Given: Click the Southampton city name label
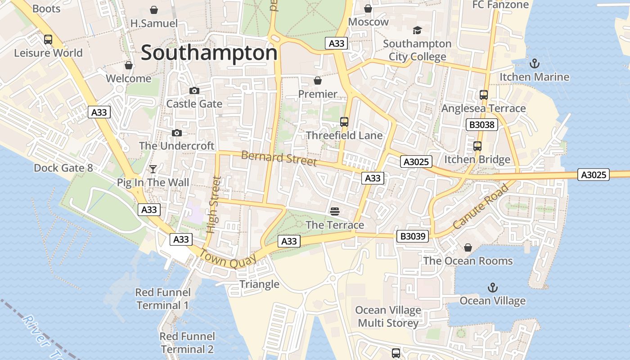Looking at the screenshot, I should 209,53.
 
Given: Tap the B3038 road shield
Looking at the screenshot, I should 481,125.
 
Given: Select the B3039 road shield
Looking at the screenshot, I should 413,236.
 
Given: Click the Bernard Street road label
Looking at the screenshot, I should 279,158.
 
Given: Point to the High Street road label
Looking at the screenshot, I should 214,205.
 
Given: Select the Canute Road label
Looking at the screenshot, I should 481,206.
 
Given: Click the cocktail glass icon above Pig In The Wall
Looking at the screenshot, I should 153,169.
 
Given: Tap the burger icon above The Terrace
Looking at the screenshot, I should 334,211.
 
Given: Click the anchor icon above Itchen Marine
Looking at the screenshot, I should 534,63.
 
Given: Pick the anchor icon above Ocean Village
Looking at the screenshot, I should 492,287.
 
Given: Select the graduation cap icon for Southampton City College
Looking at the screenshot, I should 417,30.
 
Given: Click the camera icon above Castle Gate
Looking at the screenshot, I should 194,90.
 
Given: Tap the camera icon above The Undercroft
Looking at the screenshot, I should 177,133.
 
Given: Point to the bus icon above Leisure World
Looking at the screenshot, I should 48,40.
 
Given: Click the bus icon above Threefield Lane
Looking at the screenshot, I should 344,122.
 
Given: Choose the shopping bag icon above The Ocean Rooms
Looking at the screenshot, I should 468,247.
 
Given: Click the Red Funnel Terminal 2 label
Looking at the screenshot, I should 187,342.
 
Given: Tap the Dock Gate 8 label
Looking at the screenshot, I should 63,168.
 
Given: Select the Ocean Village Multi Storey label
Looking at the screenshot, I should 388,316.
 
